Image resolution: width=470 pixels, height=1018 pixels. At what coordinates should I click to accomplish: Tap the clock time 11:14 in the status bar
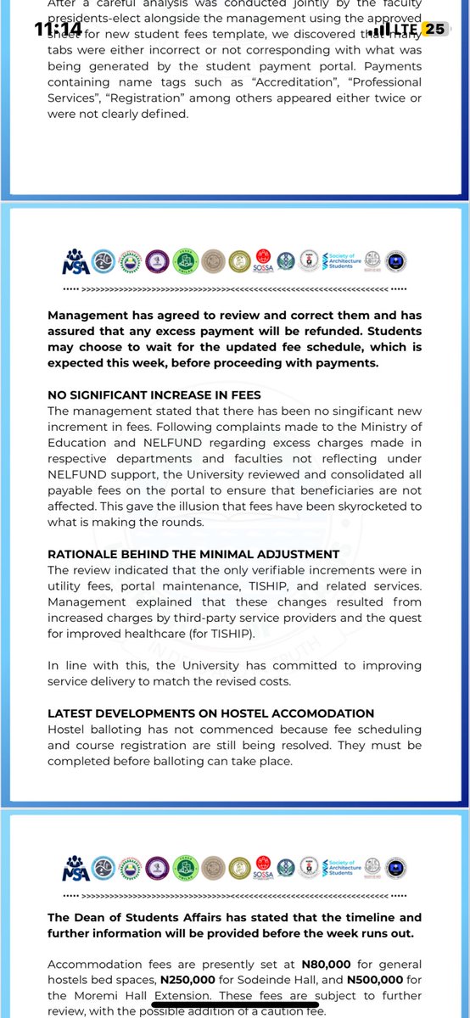(x=59, y=28)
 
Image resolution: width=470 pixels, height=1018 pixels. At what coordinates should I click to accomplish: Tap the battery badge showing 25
(x=434, y=29)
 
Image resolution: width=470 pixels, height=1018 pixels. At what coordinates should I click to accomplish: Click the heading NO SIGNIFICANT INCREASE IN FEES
(x=154, y=394)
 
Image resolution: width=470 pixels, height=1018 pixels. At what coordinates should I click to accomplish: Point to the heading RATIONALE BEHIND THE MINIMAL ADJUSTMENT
(x=193, y=554)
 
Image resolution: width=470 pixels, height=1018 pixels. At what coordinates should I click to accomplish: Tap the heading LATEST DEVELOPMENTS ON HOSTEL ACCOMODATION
(x=210, y=713)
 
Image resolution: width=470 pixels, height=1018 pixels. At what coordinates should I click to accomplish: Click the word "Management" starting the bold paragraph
(x=90, y=316)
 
